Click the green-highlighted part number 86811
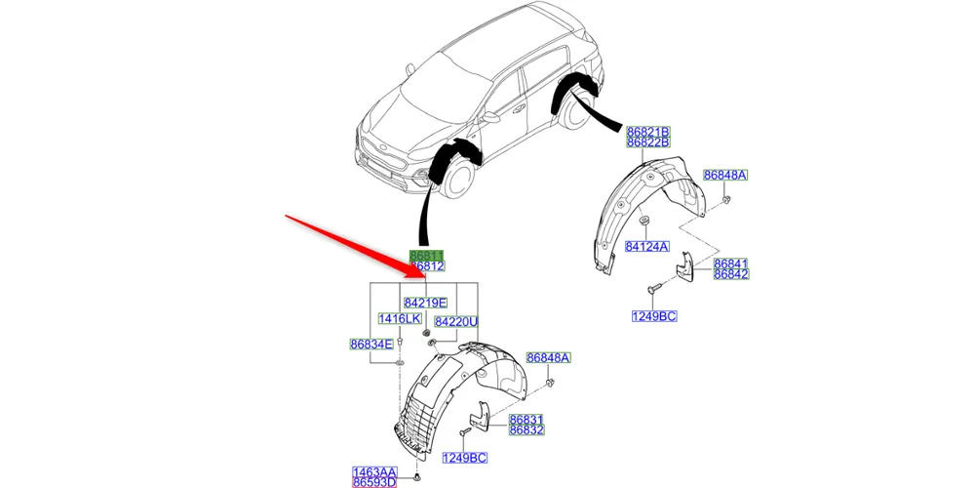coord(426,256)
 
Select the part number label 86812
coord(426,266)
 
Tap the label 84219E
coord(426,303)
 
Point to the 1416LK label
coord(399,319)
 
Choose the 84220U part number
coord(456,321)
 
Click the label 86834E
coord(371,344)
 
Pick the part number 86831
coord(526,420)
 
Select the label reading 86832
coord(526,430)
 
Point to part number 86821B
coord(648,132)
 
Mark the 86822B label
coord(648,142)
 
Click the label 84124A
coord(647,247)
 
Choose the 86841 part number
coord(730,264)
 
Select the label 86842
coord(730,275)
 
